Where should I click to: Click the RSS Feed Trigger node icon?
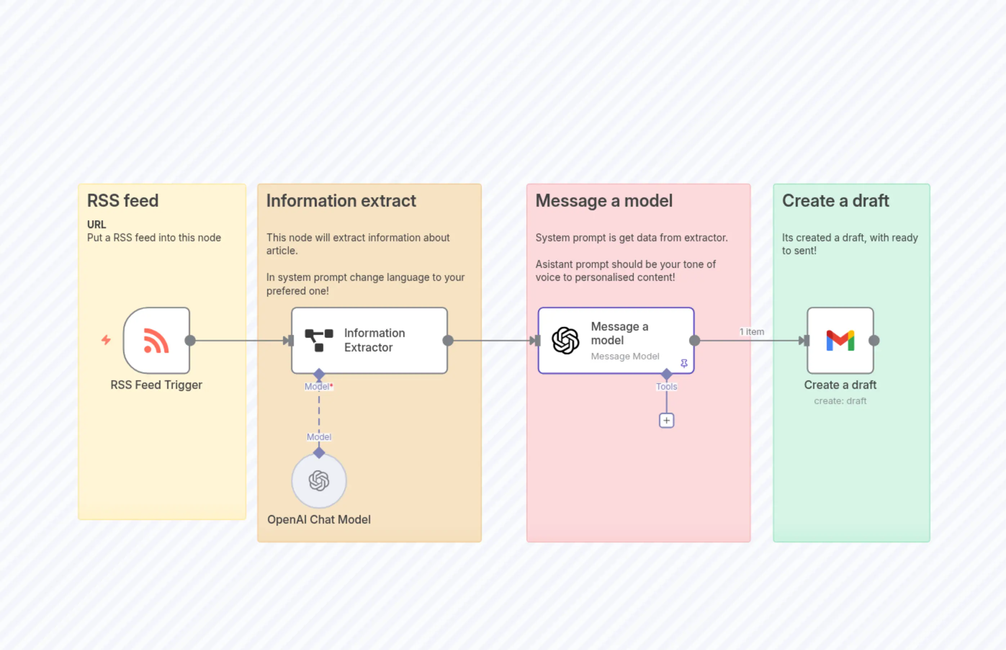coord(157,340)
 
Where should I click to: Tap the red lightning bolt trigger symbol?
coord(106,340)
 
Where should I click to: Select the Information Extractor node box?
coord(369,340)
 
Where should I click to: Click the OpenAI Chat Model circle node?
coord(319,481)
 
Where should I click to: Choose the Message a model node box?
coord(616,340)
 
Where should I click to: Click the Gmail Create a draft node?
coord(840,340)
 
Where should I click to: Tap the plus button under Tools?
coord(666,420)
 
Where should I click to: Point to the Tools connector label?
coord(666,387)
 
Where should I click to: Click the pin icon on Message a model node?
coord(684,363)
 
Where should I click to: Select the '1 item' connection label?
coord(751,332)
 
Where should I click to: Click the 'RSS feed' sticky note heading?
coord(123,201)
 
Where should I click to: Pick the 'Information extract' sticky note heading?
coord(341,201)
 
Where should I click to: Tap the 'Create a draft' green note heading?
coord(836,201)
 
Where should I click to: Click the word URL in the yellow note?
coord(96,225)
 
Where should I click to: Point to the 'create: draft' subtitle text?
coord(840,401)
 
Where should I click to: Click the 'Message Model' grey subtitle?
coord(625,356)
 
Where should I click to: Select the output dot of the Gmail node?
coord(874,341)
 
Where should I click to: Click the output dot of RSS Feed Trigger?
coord(190,341)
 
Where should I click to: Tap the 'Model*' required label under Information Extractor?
coord(319,387)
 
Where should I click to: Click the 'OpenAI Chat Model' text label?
coord(319,520)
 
